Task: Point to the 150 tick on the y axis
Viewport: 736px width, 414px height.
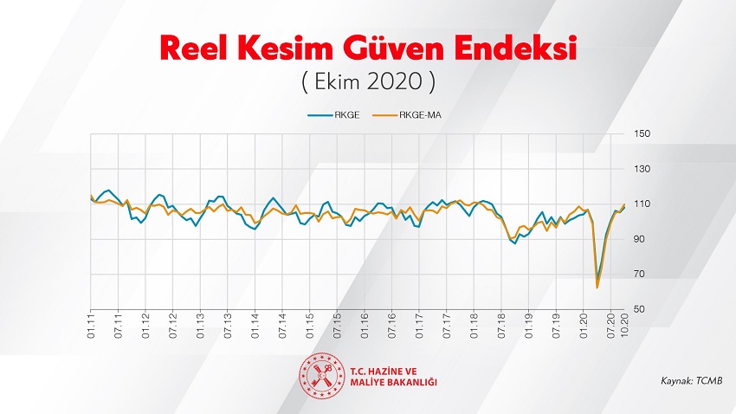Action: click(x=642, y=133)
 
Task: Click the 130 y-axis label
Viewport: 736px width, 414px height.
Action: click(x=642, y=169)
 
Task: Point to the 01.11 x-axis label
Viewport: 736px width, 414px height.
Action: click(x=91, y=325)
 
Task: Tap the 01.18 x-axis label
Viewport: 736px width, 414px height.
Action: click(x=474, y=325)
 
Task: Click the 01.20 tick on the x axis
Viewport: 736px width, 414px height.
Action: click(x=583, y=325)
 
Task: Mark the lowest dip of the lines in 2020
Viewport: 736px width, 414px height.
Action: click(x=597, y=287)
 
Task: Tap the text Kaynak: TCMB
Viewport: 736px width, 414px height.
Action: click(x=691, y=380)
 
